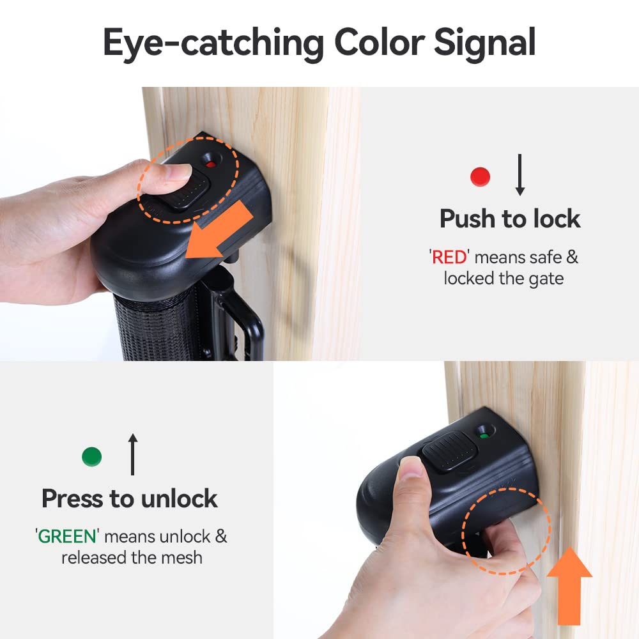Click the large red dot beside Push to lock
(480, 177)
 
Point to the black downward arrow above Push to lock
(520, 175)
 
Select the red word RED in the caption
(449, 258)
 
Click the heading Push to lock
(510, 219)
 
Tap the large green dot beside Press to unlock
(91, 456)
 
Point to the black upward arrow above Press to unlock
(132, 454)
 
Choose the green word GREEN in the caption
(67, 537)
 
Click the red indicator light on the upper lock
(211, 164)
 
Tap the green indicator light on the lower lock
(484, 436)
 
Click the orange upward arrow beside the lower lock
(569, 586)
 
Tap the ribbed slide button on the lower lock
(449, 451)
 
